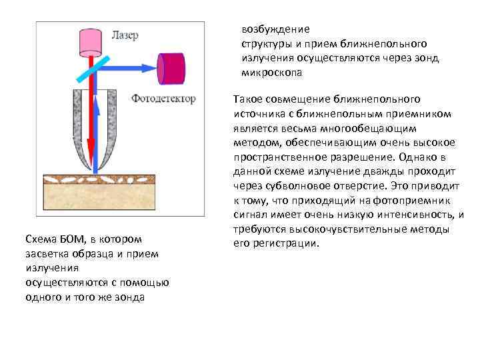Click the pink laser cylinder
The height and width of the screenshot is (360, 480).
[89, 41]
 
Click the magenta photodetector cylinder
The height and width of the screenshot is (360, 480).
[174, 66]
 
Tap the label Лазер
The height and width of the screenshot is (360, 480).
[126, 35]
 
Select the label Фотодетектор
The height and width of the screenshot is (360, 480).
[163, 99]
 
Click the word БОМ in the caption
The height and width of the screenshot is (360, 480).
[67, 239]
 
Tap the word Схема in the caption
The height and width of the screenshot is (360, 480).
[38, 239]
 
